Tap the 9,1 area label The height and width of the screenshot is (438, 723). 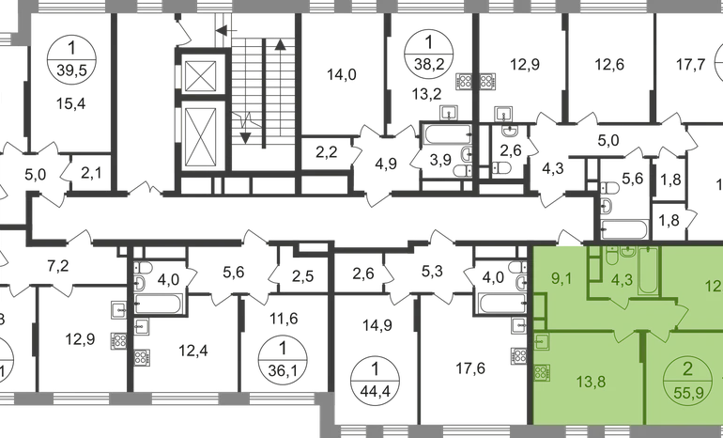point(562,278)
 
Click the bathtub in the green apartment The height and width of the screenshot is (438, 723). point(649,274)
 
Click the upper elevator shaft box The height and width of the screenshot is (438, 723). point(204,74)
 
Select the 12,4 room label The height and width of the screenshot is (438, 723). point(193,352)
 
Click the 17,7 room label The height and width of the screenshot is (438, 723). point(691,66)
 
